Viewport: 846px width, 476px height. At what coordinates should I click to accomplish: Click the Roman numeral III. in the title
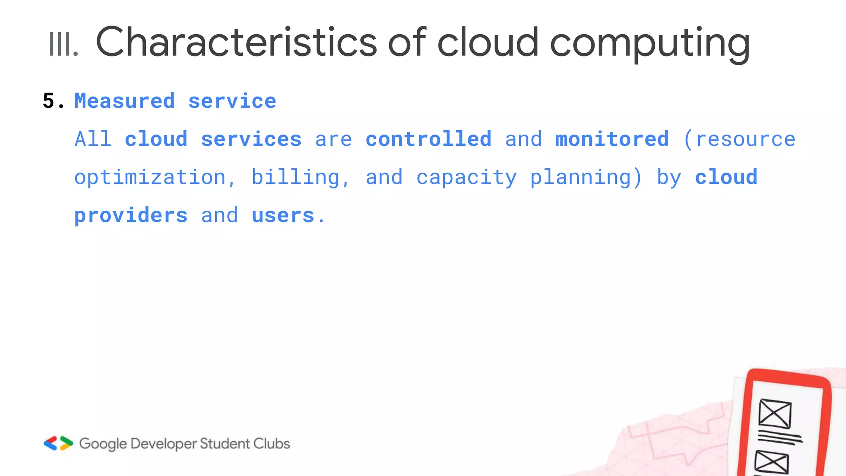pos(63,44)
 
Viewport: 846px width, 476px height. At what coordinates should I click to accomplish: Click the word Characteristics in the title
pos(236,42)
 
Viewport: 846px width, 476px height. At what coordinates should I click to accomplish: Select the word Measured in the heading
pos(124,101)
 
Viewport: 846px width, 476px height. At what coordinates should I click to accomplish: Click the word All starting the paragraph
pos(93,139)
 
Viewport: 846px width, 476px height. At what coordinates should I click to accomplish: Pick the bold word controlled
pos(428,139)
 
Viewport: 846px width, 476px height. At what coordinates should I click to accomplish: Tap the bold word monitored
pos(612,139)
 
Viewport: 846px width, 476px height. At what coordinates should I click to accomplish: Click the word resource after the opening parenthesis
pos(745,139)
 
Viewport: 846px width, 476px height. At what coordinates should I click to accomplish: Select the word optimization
pos(150,178)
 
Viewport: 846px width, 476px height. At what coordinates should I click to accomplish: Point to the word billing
pos(295,178)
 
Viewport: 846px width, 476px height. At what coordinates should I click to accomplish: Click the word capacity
pos(466,178)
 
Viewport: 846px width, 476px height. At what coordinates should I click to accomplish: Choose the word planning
pos(580,178)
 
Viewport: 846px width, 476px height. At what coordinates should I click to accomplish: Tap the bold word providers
pos(131,216)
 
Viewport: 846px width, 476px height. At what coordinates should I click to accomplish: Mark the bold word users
pos(283,216)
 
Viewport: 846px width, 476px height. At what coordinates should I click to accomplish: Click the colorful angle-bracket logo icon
pos(58,443)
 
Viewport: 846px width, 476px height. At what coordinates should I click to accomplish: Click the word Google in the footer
pos(103,444)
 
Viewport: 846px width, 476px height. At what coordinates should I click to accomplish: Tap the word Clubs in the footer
pos(271,444)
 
